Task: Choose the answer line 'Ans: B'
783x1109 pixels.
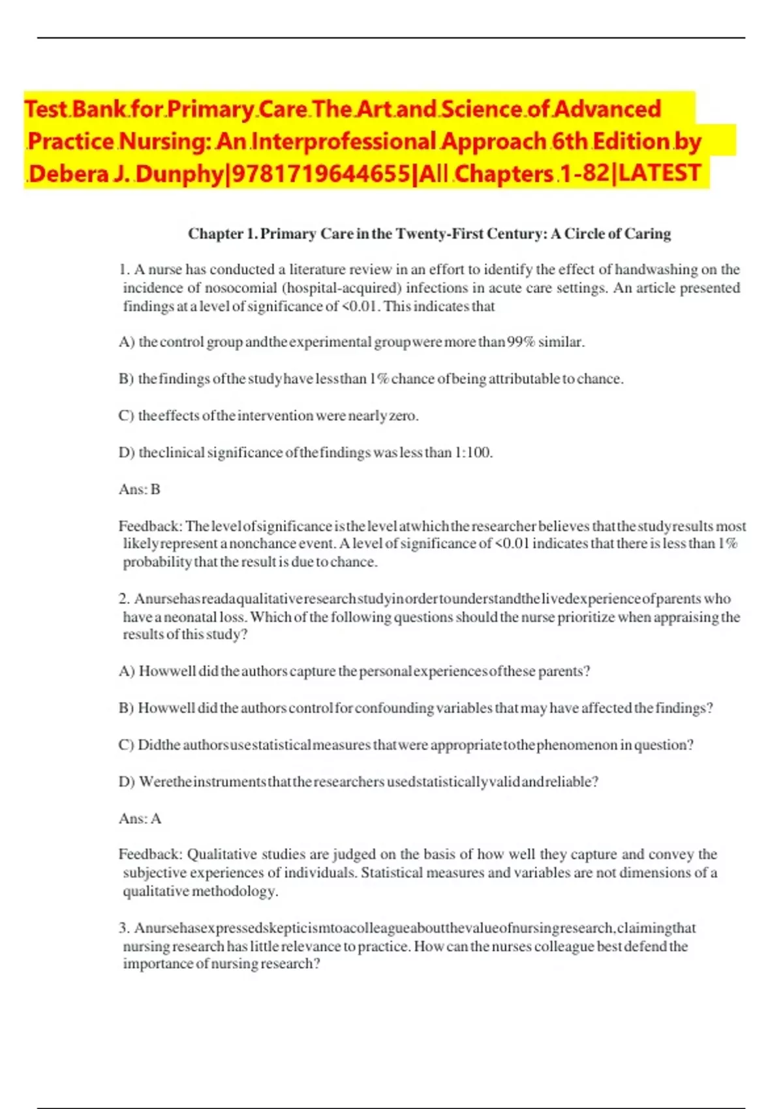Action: point(140,489)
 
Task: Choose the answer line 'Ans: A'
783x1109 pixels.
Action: point(140,819)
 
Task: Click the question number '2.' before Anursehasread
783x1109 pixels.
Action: point(125,599)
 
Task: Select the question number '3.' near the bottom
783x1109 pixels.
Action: point(125,928)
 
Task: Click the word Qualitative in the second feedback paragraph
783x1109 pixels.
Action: point(222,855)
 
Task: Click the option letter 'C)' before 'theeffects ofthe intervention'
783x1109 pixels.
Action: point(126,416)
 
